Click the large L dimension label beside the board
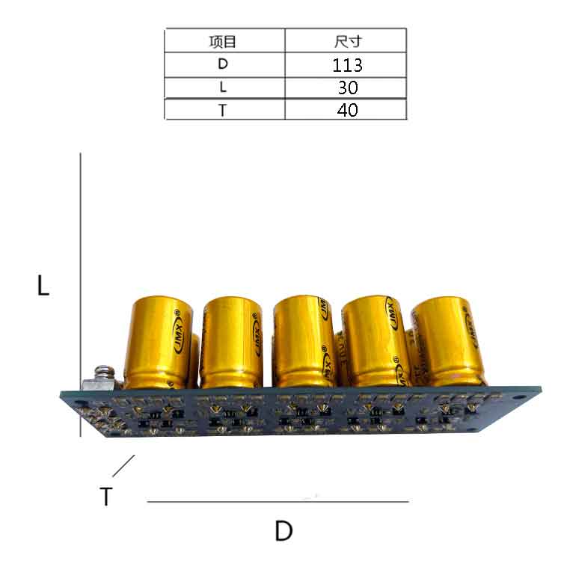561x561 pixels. coord(43,285)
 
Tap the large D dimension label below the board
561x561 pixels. coord(283,531)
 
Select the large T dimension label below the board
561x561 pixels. coord(106,496)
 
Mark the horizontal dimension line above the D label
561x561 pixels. coord(278,501)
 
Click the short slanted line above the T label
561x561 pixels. coord(123,465)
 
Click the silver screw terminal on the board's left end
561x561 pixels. coord(100,378)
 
